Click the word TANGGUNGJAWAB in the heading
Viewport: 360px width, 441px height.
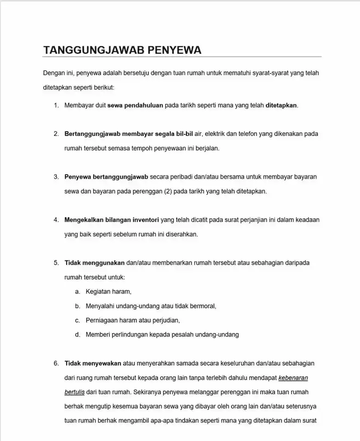coord(94,50)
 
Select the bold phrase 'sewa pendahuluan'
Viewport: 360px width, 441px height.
coord(135,105)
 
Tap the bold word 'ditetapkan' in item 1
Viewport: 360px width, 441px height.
coord(281,105)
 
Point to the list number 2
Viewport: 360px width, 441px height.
coord(56,134)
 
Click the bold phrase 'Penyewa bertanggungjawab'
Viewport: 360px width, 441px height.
coord(106,176)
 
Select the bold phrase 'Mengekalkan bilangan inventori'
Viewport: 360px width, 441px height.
coord(112,220)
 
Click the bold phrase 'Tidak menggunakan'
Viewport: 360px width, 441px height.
coord(95,263)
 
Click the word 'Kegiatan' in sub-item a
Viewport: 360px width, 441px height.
coord(98,291)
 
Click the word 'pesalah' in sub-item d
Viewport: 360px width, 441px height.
coord(184,334)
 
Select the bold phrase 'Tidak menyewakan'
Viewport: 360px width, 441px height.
coord(93,363)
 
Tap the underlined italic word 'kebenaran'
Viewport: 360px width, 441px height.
coord(293,378)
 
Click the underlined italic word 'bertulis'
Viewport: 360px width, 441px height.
coord(74,392)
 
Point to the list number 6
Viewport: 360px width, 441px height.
coord(56,363)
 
